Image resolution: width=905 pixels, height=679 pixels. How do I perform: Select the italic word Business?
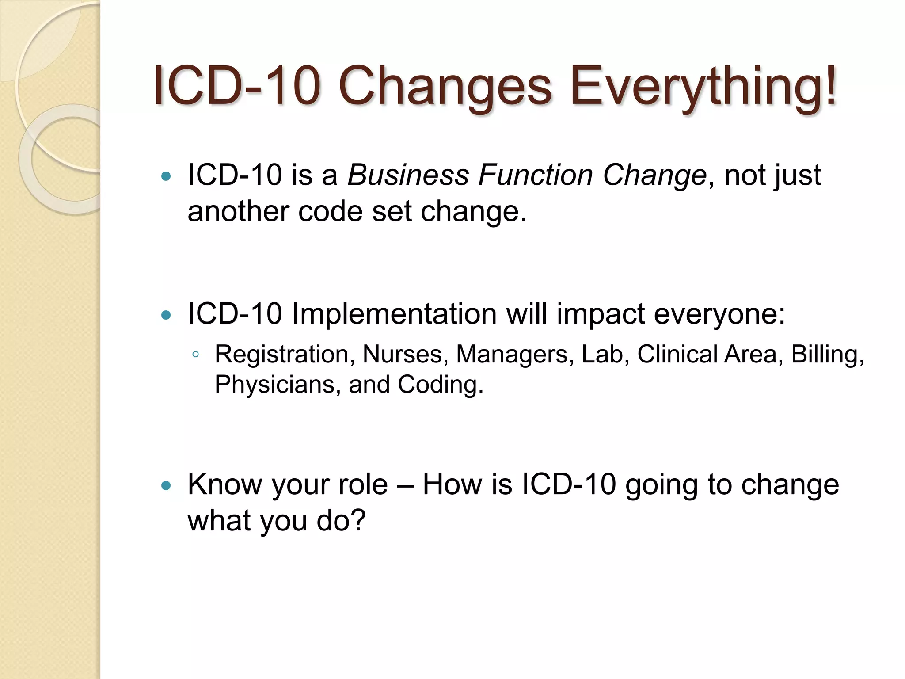[408, 175]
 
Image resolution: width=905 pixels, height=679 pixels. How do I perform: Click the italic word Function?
[535, 175]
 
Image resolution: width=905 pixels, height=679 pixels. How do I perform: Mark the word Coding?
[440, 385]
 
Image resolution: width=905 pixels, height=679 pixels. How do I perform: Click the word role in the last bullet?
[363, 484]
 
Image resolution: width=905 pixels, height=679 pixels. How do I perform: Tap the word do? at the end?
[341, 521]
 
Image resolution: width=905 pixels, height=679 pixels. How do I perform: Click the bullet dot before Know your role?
[166, 486]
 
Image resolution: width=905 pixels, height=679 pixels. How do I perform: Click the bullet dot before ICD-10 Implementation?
[166, 315]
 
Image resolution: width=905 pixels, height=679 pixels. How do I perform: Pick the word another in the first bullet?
[238, 212]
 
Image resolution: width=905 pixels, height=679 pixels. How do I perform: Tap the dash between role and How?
[405, 485]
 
